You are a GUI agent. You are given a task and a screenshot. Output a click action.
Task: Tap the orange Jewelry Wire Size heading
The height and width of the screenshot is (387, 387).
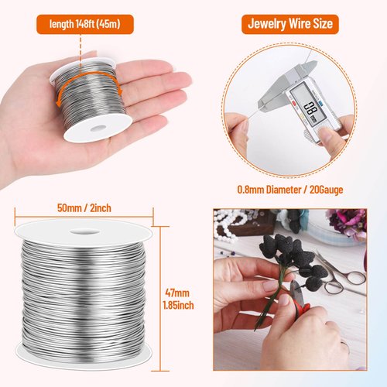pos(289,24)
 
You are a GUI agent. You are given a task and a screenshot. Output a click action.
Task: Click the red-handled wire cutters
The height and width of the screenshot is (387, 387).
pos(298,310)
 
